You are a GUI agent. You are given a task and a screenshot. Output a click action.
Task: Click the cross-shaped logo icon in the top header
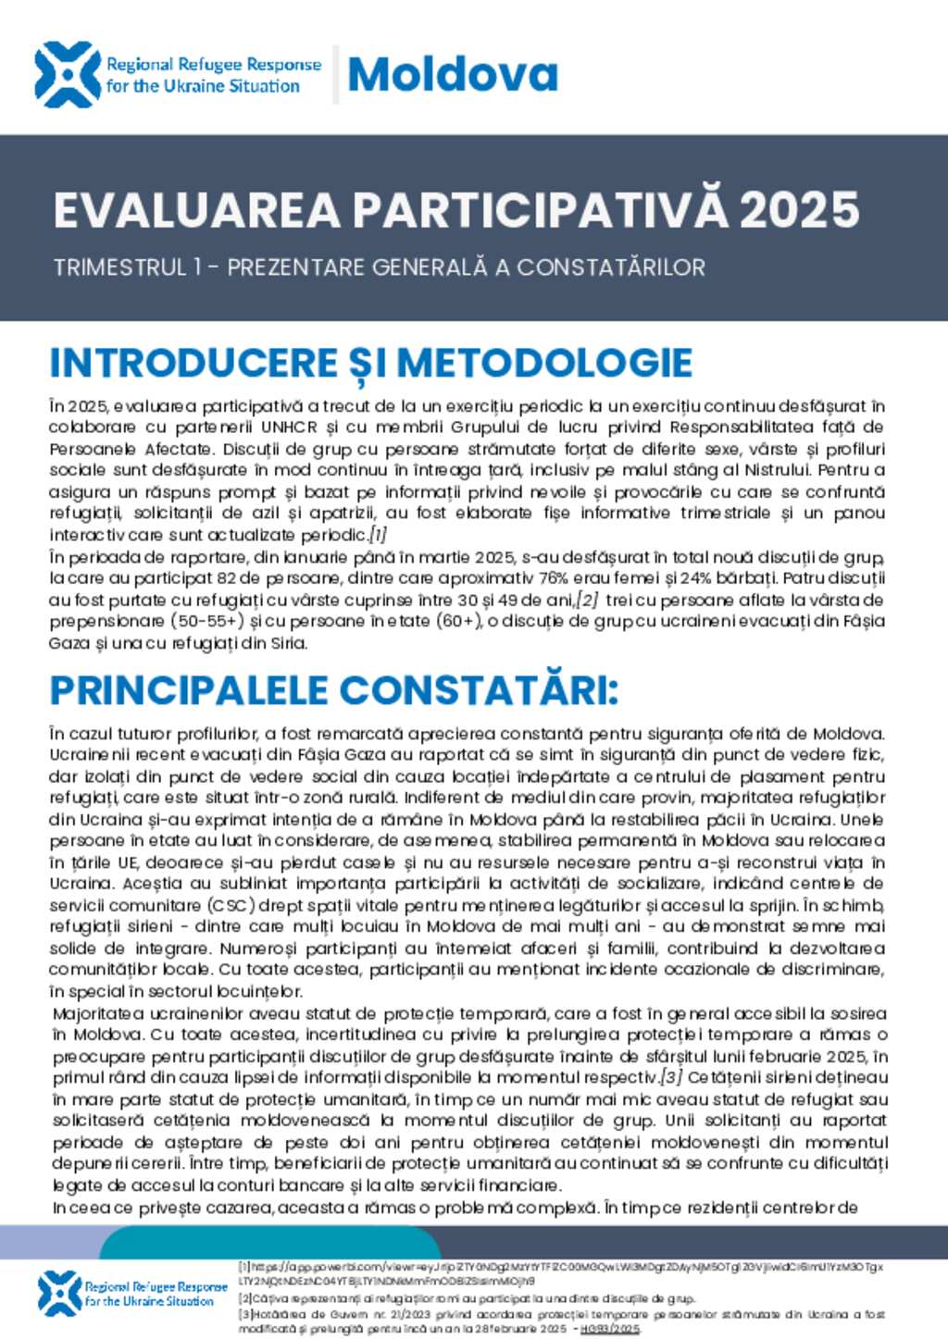click(x=67, y=74)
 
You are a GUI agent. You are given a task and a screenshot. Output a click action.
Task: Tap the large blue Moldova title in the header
click(x=452, y=74)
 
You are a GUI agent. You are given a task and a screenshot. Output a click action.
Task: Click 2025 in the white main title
click(x=800, y=210)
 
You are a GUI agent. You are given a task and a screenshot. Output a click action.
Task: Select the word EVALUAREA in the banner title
click(x=197, y=210)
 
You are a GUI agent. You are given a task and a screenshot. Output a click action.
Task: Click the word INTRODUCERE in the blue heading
click(x=193, y=363)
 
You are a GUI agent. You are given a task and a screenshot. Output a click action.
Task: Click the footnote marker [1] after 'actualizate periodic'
click(x=378, y=535)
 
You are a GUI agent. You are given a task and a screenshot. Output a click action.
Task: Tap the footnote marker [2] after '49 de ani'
click(x=589, y=600)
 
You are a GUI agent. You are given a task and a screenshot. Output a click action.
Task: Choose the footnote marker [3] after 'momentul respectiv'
click(x=671, y=1077)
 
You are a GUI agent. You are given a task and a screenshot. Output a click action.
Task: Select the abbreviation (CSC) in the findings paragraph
click(x=232, y=905)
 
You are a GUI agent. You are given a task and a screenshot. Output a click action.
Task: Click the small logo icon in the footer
click(x=60, y=1293)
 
